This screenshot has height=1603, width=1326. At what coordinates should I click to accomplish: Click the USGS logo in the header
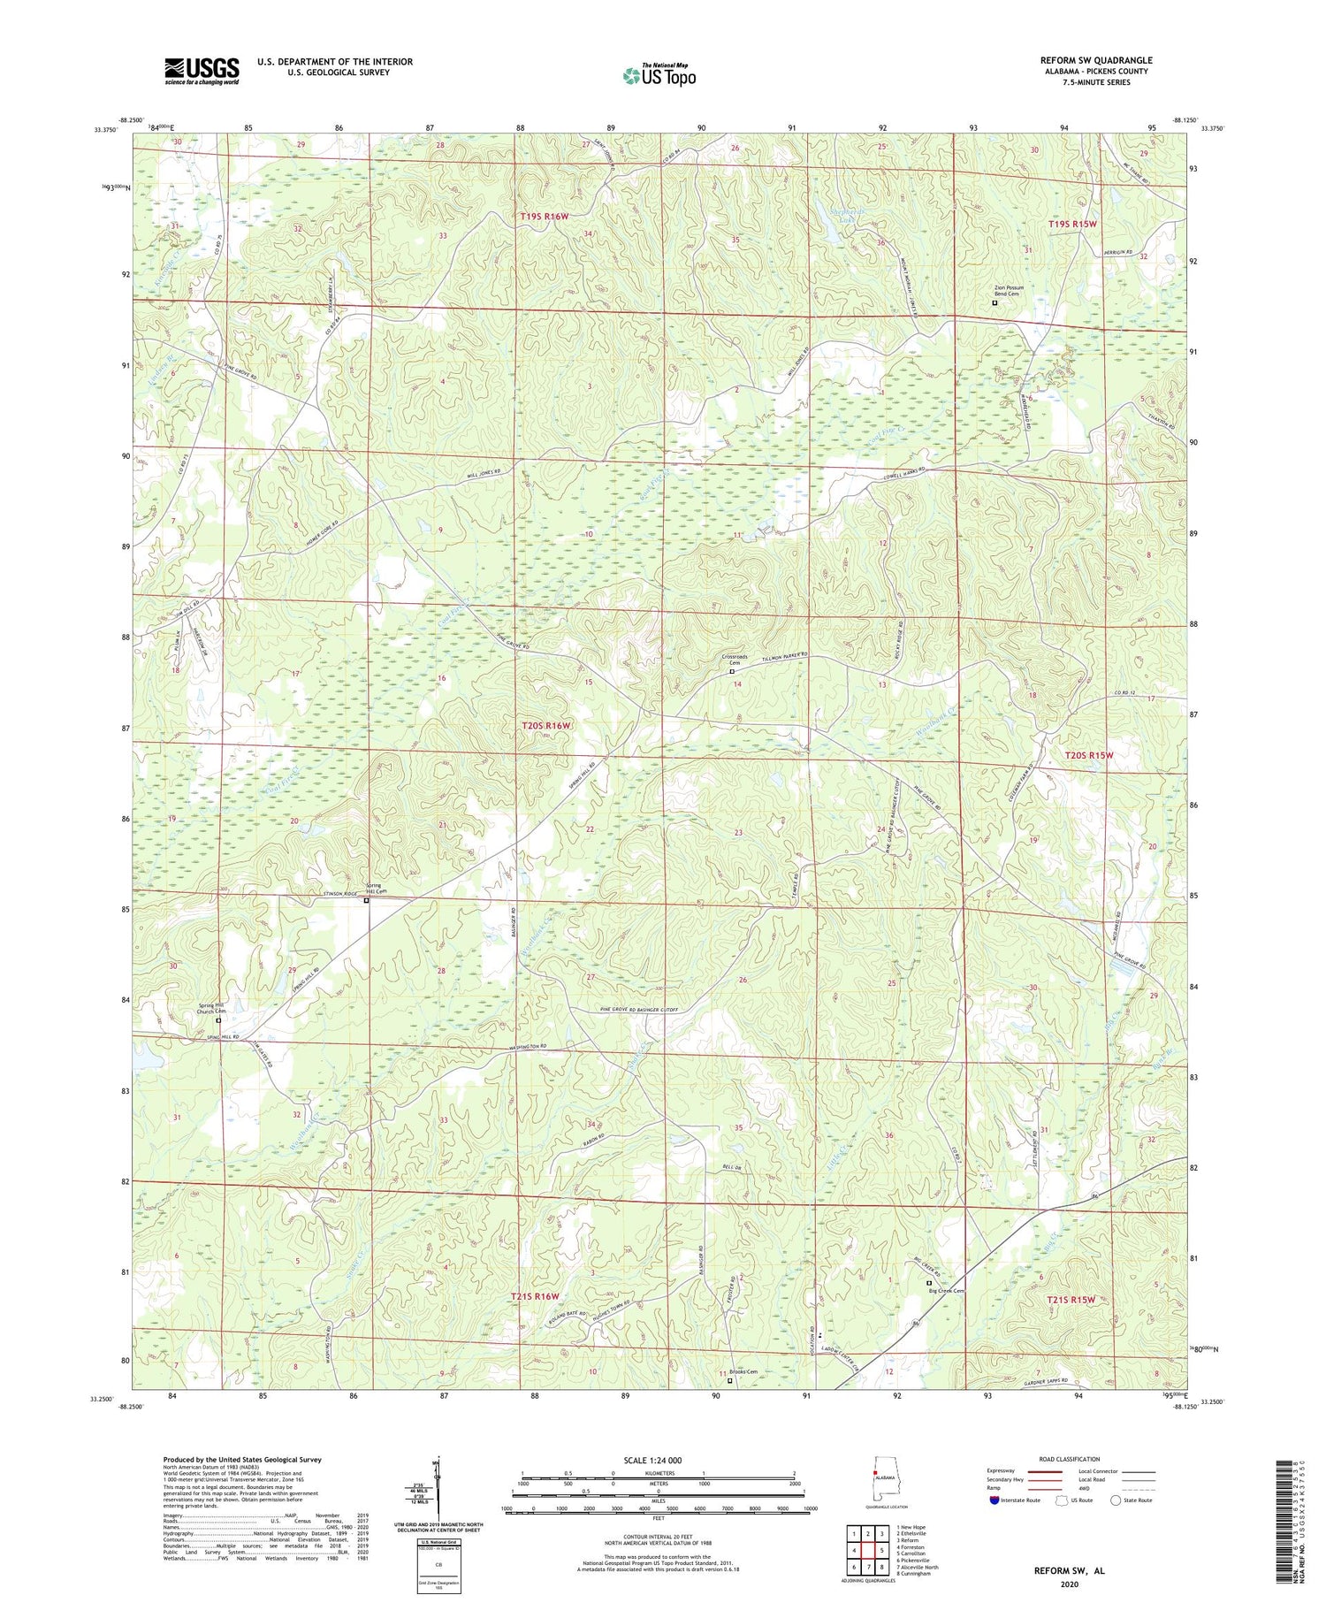pyautogui.click(x=202, y=71)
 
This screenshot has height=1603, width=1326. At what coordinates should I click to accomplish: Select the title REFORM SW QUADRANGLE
pyautogui.click(x=1095, y=60)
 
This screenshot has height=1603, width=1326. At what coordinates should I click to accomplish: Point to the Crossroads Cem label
pyautogui.click(x=735, y=660)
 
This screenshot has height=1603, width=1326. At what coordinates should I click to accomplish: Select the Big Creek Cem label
pyautogui.click(x=946, y=1290)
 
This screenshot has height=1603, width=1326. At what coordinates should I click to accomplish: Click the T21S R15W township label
pyautogui.click(x=1071, y=1299)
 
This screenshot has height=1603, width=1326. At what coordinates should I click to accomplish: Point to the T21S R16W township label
pyautogui.click(x=535, y=1296)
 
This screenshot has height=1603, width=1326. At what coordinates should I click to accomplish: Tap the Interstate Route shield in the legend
pyautogui.click(x=995, y=1500)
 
